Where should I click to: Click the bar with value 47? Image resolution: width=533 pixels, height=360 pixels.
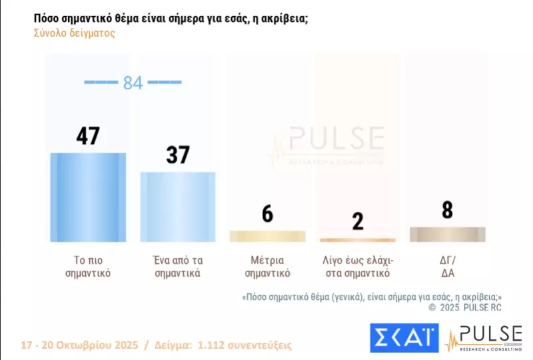[x=88, y=197]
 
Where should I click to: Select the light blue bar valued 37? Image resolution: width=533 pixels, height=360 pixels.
[x=177, y=206]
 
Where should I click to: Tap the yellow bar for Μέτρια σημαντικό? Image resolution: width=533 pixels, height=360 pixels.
[x=267, y=236]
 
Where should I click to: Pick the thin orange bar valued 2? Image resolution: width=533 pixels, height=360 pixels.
[x=357, y=240]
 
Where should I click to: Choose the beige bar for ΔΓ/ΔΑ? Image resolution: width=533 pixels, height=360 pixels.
[x=447, y=234]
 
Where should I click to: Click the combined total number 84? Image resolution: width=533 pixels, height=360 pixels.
[x=133, y=83]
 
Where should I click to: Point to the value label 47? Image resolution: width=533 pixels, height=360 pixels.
[x=88, y=135]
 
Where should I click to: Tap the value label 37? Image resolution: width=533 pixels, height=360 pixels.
[x=177, y=155]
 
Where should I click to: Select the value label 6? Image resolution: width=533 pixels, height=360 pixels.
[x=267, y=213]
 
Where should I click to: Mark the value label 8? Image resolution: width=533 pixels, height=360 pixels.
[x=447, y=209]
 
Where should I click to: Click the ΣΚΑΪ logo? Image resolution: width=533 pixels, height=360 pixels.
[x=404, y=337]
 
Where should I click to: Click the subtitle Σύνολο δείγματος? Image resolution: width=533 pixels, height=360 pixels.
[x=74, y=33]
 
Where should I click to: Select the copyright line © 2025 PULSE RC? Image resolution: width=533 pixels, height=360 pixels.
[x=464, y=307]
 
